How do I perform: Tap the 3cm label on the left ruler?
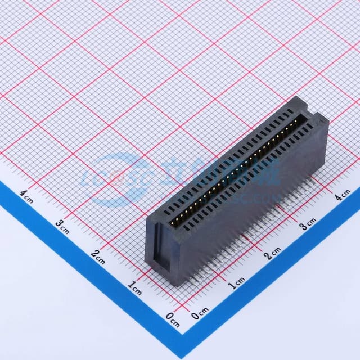click(62, 225)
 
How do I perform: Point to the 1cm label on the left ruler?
click(134, 288)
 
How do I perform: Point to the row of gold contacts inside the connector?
click(236, 169)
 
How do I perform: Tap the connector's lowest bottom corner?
click(179, 284)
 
